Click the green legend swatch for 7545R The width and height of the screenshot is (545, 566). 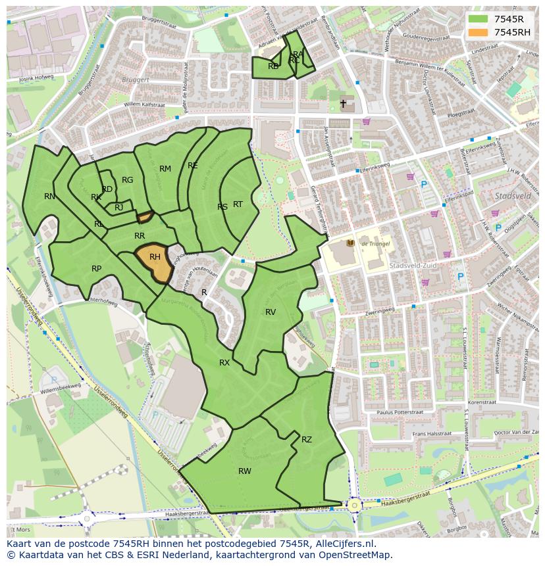coord(478,19)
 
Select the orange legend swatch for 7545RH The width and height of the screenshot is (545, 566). coord(478,32)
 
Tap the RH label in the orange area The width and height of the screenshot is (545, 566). coord(155,257)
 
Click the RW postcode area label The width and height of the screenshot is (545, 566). coord(245,471)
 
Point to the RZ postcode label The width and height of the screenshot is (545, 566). coord(307,439)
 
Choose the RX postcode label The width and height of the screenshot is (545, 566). coord(224,362)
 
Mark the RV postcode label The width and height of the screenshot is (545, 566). coord(271,312)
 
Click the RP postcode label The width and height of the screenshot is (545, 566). coord(97,268)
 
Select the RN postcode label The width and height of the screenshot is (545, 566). coord(50,196)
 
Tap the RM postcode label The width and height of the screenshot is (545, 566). coord(165,169)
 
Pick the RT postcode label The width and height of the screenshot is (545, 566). coord(238,204)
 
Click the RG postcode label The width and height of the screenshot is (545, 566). coord(128,179)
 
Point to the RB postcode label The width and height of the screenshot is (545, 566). coord(273,66)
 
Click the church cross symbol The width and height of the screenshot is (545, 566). coord(343,104)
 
